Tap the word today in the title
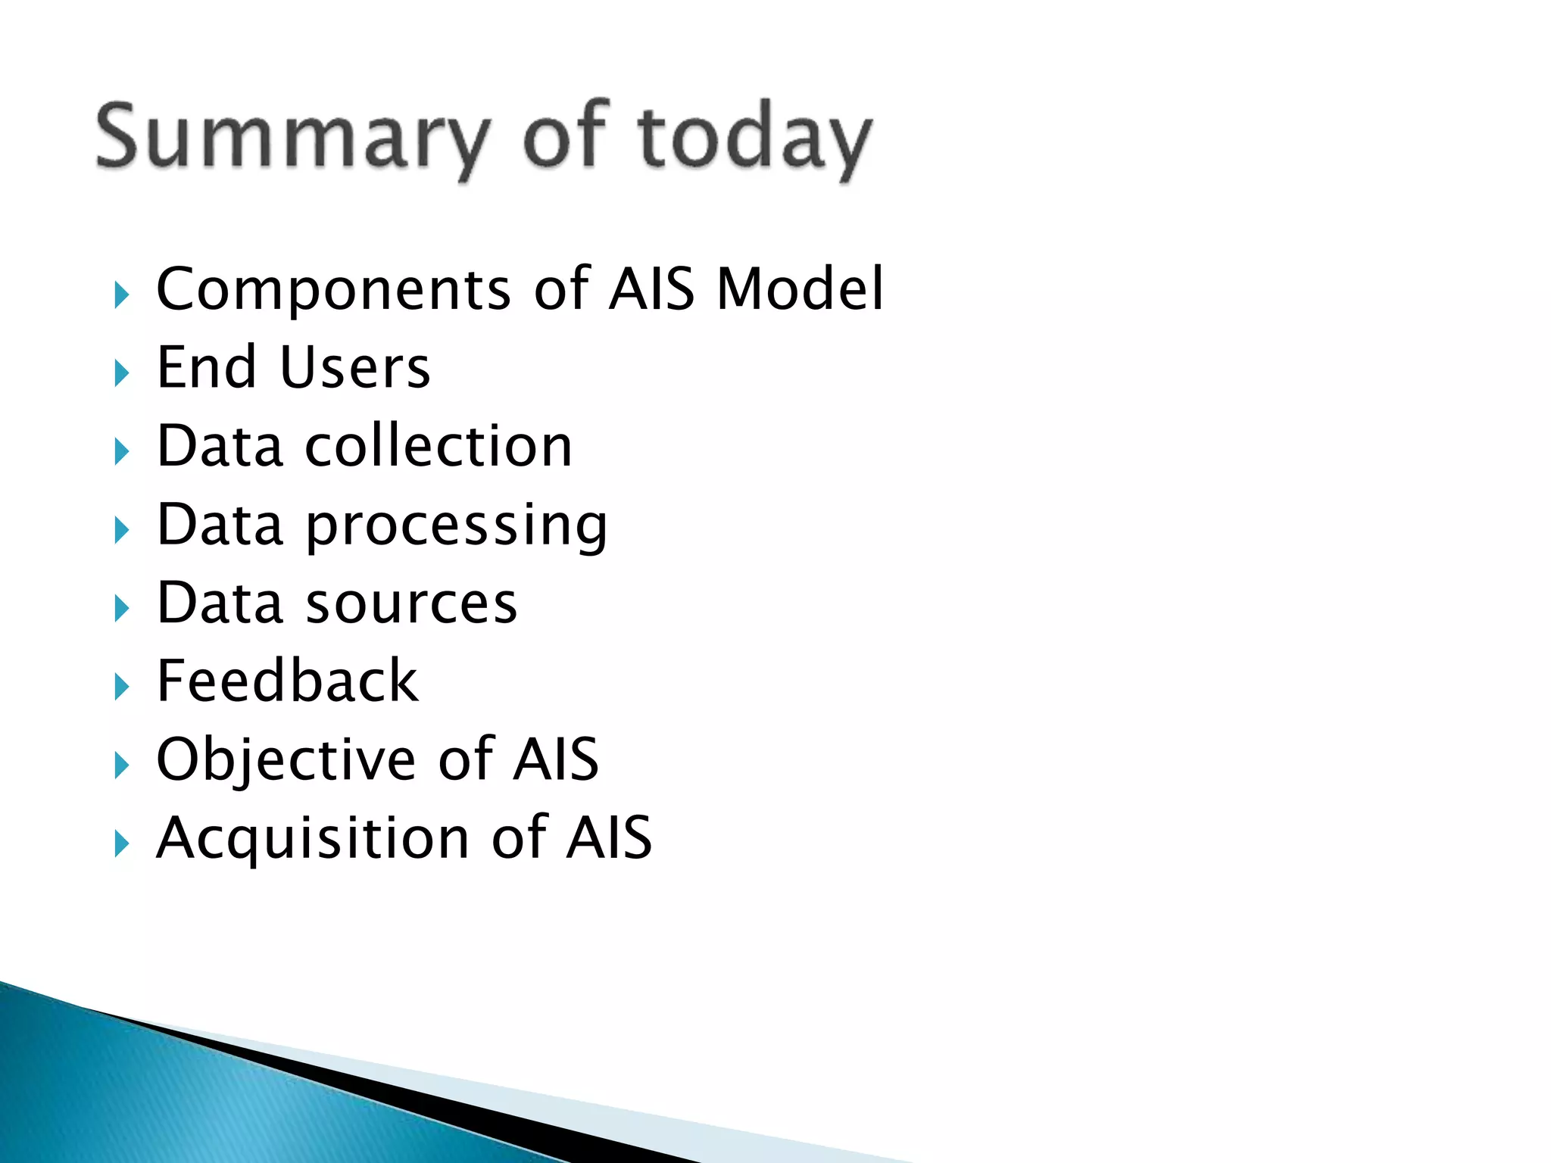(754, 138)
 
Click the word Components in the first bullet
(333, 289)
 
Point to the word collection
(438, 446)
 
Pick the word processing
(457, 525)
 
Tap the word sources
(411, 603)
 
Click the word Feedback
(287, 681)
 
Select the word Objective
(286, 759)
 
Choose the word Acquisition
(313, 838)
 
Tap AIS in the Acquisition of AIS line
(609, 838)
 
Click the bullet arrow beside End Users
(121, 373)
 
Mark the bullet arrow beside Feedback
(121, 687)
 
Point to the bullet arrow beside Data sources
(121, 608)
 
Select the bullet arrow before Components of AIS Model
(121, 295)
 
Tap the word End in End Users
(206, 368)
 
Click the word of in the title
(566, 136)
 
